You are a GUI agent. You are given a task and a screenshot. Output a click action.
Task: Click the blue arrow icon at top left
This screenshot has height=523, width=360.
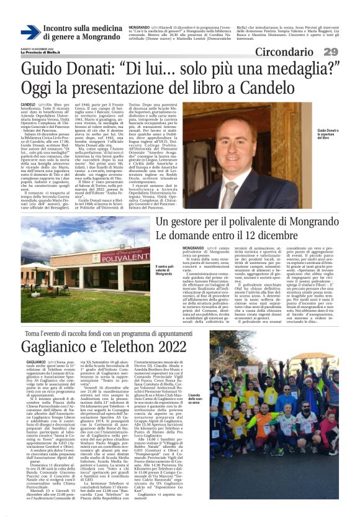[x=30, y=32]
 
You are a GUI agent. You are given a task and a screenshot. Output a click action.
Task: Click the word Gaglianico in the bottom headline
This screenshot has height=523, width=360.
[x=58, y=346]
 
